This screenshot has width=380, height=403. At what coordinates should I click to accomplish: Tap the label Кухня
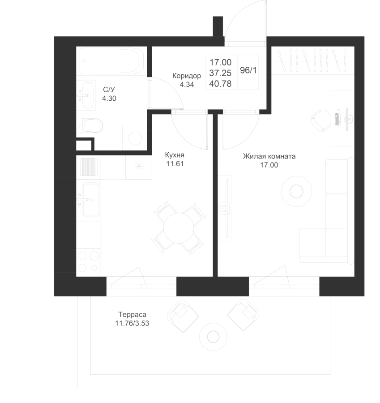point(175,155)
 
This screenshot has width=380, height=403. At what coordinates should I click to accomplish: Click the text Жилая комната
point(269,157)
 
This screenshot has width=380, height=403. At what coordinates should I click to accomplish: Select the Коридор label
point(186,76)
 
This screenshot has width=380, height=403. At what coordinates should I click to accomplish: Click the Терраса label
point(132,314)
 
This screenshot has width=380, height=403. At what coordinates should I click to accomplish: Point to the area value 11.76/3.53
point(132,323)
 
